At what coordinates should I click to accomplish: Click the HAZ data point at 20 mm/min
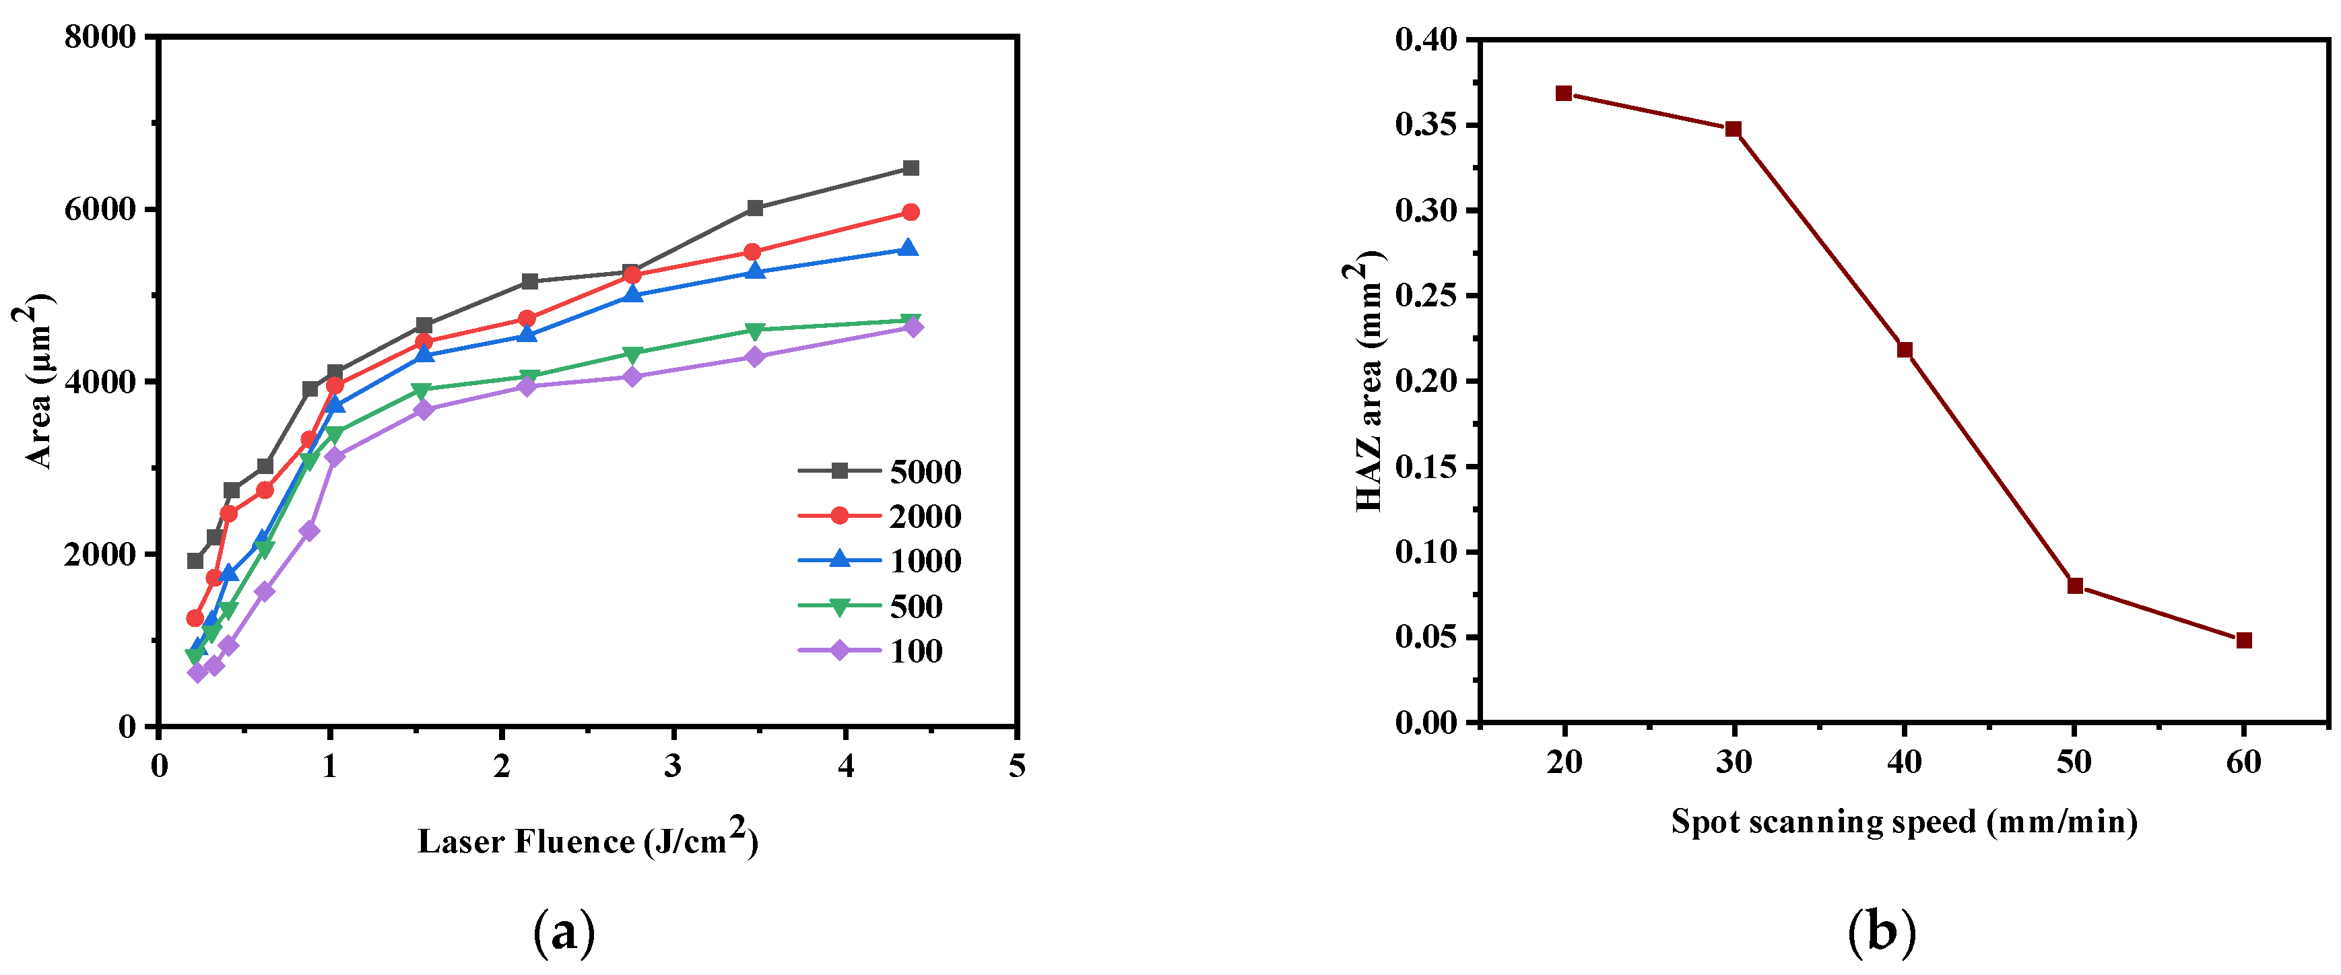1563,94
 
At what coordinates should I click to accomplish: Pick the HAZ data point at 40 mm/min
1905,350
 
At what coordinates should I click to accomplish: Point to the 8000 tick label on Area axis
100,37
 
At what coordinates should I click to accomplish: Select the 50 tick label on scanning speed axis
2074,762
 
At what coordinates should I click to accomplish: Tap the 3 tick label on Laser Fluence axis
673,766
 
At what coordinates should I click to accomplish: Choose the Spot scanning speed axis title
1904,821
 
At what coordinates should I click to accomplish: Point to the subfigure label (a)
564,933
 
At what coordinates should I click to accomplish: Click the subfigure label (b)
1881,933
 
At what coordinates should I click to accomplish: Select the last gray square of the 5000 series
911,168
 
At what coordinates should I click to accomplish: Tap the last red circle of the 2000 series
911,213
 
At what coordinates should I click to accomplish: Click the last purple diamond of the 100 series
913,327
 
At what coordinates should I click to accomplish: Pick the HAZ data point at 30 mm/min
1733,129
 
